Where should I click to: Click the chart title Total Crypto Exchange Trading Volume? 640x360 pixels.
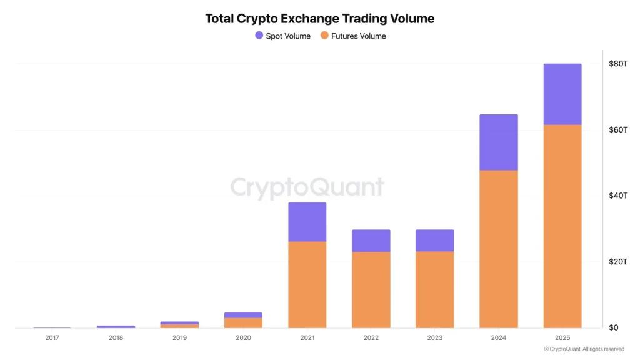click(319, 19)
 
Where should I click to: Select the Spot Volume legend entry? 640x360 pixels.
click(282, 36)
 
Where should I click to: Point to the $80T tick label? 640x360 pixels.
click(618, 64)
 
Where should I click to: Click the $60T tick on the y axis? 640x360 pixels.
click(618, 129)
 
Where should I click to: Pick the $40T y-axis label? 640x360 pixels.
click(618, 196)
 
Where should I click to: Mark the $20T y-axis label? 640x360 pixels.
click(618, 261)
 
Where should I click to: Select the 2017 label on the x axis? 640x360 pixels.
click(52, 337)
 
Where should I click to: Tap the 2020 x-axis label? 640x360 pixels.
click(243, 337)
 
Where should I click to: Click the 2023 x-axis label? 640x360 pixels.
click(434, 337)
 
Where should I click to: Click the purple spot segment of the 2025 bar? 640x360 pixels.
click(562, 94)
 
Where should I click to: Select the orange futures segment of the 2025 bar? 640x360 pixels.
click(562, 225)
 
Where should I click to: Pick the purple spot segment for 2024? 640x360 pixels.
click(498, 142)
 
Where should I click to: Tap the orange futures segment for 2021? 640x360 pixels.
click(307, 284)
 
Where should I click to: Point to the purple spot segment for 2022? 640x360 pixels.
click(371, 241)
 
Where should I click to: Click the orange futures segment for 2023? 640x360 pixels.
click(434, 289)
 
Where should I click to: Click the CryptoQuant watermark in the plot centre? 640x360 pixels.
click(307, 187)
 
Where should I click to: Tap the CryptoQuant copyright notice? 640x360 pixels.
click(584, 349)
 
